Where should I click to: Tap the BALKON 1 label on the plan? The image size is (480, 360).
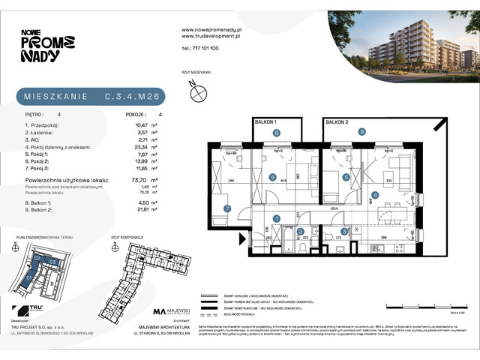(265, 121)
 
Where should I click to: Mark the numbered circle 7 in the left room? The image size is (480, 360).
(226, 209)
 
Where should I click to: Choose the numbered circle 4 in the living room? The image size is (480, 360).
(375, 196)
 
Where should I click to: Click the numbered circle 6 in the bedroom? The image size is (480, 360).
(272, 177)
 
